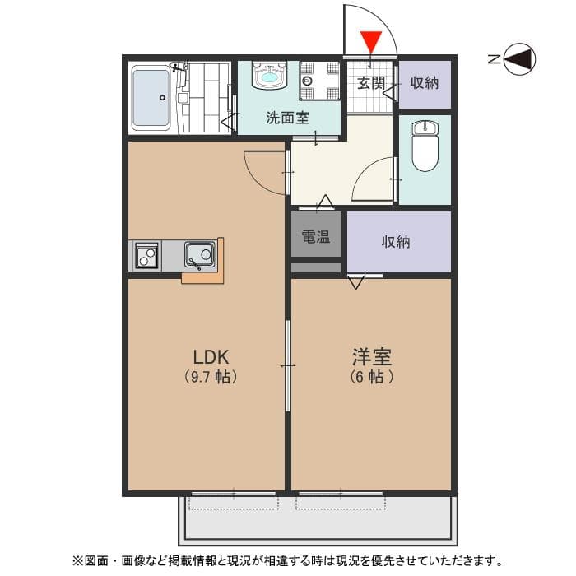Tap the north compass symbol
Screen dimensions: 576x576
click(x=518, y=58)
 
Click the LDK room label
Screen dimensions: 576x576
click(x=210, y=357)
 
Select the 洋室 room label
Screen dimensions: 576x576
click(x=371, y=357)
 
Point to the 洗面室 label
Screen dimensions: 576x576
click(x=287, y=117)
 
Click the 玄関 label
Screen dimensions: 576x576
click(x=371, y=82)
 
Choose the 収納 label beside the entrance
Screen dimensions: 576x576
click(x=425, y=82)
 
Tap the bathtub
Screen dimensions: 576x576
click(x=151, y=99)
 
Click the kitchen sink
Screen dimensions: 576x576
click(x=200, y=255)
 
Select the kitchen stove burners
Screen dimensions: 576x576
click(x=146, y=255)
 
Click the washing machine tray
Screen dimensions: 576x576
click(x=318, y=81)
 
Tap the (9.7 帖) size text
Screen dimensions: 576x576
click(x=211, y=378)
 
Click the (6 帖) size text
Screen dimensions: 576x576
click(x=371, y=378)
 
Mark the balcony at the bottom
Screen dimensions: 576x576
click(x=317, y=518)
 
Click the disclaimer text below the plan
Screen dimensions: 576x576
click(x=287, y=561)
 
